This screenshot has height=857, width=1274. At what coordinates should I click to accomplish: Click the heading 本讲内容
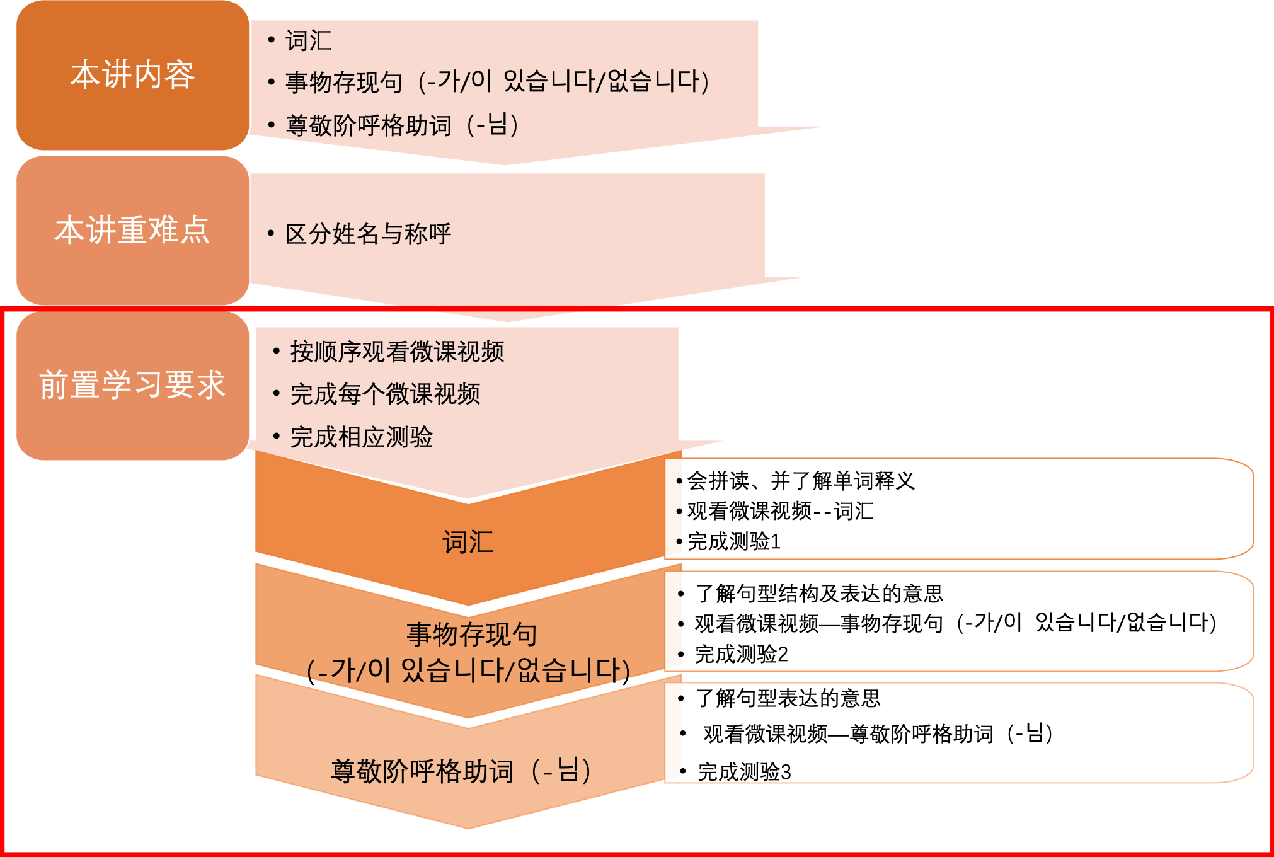click(x=132, y=75)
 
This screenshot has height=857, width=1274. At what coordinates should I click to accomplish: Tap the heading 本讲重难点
click(x=132, y=230)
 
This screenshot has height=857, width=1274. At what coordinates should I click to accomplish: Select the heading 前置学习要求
click(x=132, y=385)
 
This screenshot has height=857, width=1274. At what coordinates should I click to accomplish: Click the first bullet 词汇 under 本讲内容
click(x=308, y=41)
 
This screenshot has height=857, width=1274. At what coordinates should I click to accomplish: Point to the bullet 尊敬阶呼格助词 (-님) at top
click(x=402, y=125)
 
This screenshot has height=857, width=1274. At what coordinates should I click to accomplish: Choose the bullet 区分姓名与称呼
click(x=368, y=234)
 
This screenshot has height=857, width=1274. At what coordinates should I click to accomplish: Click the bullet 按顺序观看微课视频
click(x=397, y=352)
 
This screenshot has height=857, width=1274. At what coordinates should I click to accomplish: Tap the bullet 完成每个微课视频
click(x=385, y=394)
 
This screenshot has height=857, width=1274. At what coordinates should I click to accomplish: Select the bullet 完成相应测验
click(x=361, y=437)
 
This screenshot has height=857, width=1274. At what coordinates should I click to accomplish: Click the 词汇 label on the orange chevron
click(x=468, y=542)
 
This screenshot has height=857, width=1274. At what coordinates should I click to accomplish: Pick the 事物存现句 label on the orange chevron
click(x=471, y=634)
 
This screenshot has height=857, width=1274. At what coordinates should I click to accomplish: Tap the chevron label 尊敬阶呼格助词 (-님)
click(x=461, y=771)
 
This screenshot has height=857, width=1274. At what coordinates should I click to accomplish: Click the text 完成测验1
click(x=734, y=541)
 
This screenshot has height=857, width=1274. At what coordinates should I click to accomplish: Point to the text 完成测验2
click(x=741, y=654)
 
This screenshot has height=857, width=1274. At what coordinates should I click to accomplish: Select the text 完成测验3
click(x=744, y=772)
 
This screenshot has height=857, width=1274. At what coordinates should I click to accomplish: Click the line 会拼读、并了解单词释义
click(x=801, y=481)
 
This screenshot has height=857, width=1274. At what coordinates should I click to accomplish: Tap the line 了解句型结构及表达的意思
click(x=818, y=593)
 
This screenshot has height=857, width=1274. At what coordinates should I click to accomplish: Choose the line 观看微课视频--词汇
click(x=780, y=511)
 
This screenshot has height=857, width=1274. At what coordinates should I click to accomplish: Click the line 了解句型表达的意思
click(x=788, y=698)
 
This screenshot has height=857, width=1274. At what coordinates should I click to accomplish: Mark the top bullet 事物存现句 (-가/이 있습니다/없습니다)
click(x=497, y=82)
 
